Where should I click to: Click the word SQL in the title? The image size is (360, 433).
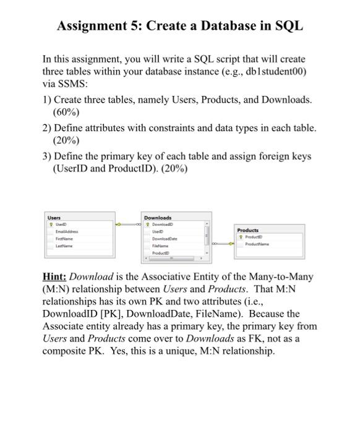(x=288, y=26)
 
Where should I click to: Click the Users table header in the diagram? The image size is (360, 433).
(x=54, y=218)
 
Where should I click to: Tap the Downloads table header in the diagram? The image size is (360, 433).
(x=158, y=218)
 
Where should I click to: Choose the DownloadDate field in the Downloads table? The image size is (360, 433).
(x=166, y=239)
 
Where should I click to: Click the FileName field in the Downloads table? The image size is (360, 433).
(x=161, y=246)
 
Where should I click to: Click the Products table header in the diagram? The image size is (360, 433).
(x=248, y=229)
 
